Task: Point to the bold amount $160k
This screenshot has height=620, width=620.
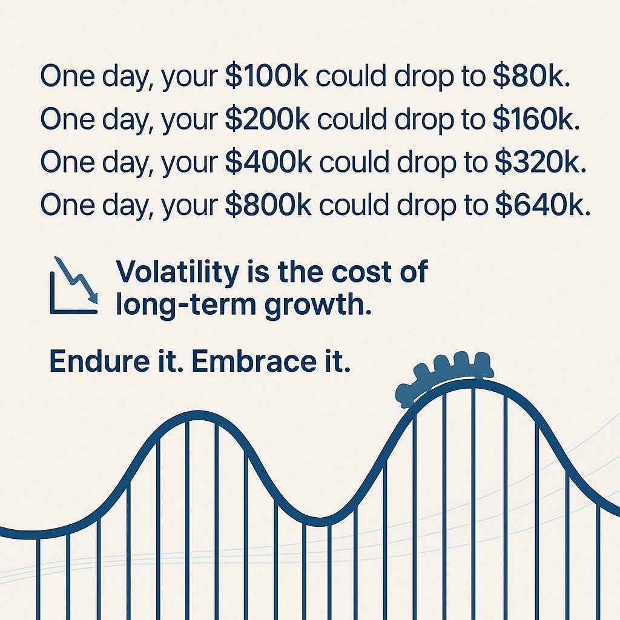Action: [533, 119]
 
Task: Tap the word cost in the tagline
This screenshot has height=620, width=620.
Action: [357, 272]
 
